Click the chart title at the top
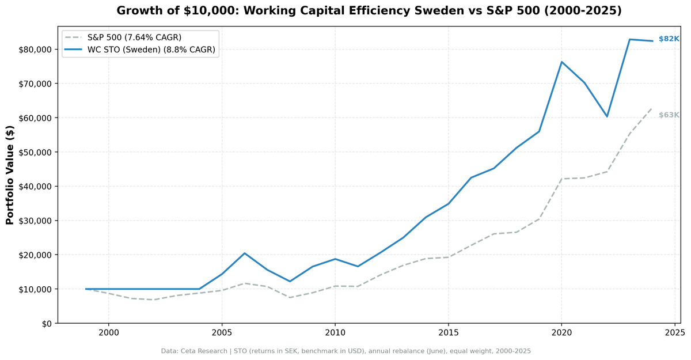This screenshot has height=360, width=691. point(369,11)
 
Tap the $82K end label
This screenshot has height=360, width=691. point(669,39)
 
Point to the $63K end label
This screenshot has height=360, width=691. point(669,115)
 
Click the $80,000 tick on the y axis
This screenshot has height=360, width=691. point(34,50)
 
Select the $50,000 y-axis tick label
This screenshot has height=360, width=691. point(34,152)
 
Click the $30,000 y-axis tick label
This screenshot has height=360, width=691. point(34,221)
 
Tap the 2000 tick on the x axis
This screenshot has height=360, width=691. point(108,333)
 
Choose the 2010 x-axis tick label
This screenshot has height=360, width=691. point(335,333)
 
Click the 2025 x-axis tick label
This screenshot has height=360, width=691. point(674,333)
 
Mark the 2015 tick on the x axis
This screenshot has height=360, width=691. point(448,333)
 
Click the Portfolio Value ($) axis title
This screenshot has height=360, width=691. point(10,175)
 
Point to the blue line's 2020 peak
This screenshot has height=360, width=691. point(561,62)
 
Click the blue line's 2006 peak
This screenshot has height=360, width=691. point(244,253)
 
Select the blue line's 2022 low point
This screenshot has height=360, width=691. point(606,116)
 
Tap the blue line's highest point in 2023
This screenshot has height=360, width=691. point(629,39)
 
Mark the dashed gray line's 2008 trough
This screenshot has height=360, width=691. point(290,297)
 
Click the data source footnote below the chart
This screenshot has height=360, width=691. point(345,351)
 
